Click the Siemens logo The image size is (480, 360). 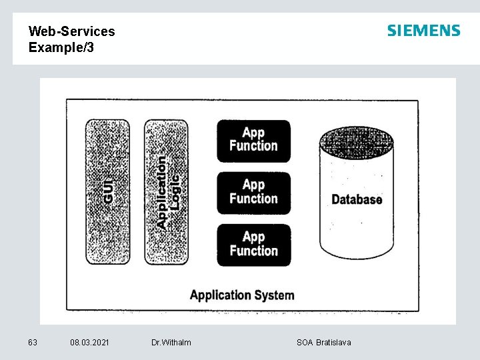423,31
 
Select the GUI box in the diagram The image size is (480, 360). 107,191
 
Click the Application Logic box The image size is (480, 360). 167,191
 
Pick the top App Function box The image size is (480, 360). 253,140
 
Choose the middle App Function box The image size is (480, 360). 253,192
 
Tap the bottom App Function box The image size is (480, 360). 253,244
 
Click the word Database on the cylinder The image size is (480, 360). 357,199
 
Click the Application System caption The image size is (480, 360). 242,295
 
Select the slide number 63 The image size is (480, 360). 33,343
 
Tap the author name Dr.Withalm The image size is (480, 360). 171,343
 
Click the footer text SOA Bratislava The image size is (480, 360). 324,343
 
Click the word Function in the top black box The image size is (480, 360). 253,147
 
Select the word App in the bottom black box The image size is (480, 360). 253,237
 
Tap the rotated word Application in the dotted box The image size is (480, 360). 162,193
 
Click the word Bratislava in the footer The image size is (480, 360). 333,343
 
